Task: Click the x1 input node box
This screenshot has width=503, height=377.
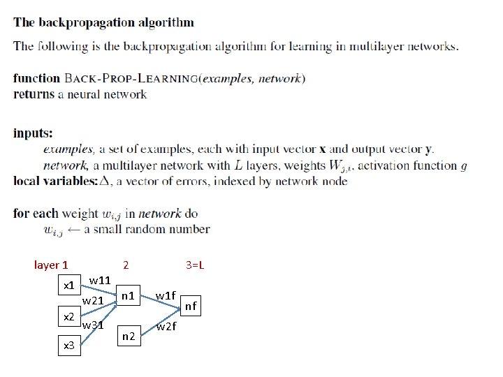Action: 68,286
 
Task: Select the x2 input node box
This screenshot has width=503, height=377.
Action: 68,317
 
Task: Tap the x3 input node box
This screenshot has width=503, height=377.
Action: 68,344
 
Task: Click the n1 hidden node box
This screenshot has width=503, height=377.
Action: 128,295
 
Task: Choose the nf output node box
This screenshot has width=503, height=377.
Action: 191,305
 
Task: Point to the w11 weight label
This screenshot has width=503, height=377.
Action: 101,280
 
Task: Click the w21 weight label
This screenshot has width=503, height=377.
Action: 94,301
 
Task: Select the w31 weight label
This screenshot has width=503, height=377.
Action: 94,325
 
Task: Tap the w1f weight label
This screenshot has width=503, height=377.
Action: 166,295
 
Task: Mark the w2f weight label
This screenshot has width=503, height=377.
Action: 166,327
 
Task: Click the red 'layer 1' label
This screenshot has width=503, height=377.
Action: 51,265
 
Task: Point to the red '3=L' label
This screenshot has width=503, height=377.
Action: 195,265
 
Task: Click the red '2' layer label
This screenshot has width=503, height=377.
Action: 125,265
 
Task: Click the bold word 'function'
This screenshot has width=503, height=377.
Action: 37,78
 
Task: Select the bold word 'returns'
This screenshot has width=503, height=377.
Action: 34,94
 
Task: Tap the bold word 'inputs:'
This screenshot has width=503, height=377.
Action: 33,133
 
